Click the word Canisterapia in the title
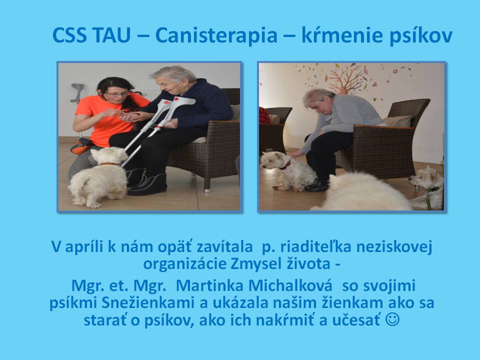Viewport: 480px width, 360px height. (216, 35)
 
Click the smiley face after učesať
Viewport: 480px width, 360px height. (392, 319)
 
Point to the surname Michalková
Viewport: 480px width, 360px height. (290, 285)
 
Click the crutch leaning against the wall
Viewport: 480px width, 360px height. (77, 93)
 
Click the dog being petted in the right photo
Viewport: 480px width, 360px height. (288, 170)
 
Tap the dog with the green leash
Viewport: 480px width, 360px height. (427, 188)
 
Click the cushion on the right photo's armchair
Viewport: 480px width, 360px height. (397, 120)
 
